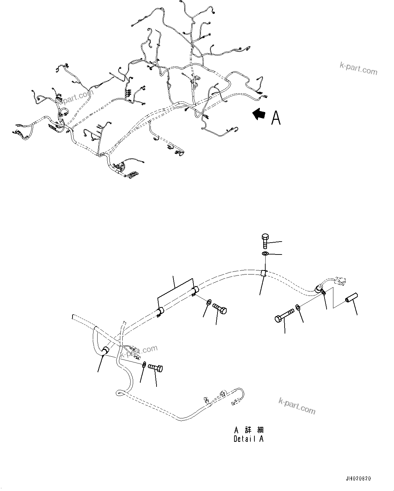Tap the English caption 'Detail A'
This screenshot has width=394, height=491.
coord(248,439)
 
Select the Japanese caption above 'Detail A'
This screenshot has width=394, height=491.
coord(248,430)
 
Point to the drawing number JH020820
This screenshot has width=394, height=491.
coord(358,479)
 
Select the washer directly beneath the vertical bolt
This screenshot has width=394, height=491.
coord(265,254)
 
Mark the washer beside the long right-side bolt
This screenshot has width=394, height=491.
coord(298,307)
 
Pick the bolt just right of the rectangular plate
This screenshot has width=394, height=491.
coord(220,309)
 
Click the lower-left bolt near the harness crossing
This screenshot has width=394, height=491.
coord(155,367)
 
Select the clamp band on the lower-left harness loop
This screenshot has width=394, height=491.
coord(105,351)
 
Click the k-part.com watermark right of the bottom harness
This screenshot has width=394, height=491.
coord(296,406)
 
